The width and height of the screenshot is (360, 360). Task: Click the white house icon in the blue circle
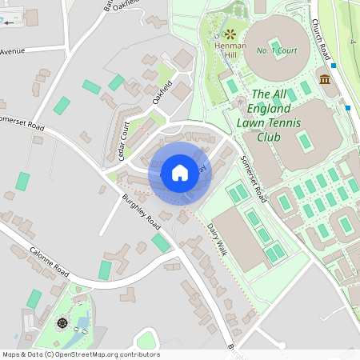[180, 172]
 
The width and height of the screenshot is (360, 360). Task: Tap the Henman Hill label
[230, 50]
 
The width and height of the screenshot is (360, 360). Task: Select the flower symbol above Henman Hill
[230, 34]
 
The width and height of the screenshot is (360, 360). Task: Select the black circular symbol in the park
[62, 324]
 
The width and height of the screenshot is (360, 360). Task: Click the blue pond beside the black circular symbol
[80, 325]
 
